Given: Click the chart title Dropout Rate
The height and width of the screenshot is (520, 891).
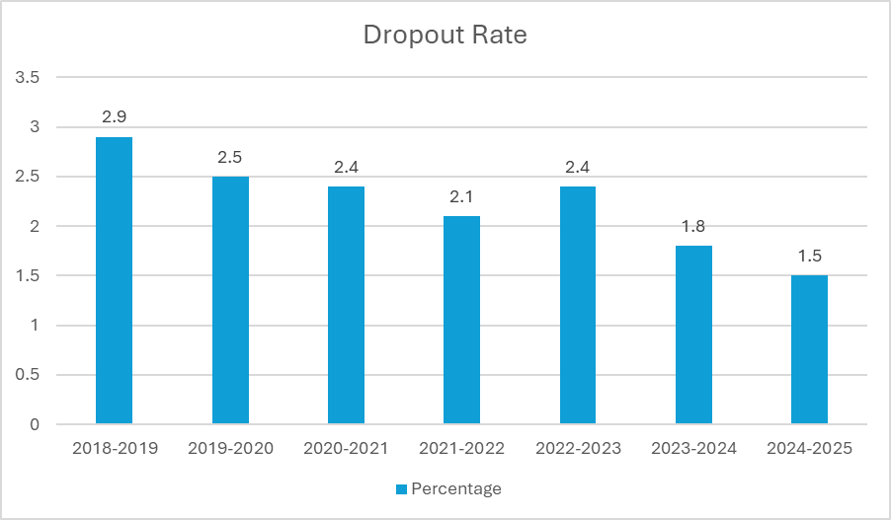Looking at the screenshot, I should click(445, 35).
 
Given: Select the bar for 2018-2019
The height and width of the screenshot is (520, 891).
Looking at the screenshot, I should click(114, 281).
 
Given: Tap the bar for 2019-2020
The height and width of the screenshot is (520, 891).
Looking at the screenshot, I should click(230, 301).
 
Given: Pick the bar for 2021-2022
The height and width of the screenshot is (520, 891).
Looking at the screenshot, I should click(461, 321).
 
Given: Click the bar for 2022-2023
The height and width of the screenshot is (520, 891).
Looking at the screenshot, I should click(578, 306).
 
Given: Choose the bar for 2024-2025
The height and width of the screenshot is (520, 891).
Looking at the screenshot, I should click(809, 350).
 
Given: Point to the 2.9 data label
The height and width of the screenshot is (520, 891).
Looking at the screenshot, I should click(114, 117).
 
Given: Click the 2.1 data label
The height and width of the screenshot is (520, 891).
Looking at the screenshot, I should click(461, 196).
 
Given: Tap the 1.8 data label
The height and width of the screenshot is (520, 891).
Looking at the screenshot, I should click(693, 226).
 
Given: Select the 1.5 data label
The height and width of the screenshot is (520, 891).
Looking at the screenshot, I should click(809, 256).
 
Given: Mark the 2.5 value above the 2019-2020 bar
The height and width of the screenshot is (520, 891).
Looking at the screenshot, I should click(230, 157).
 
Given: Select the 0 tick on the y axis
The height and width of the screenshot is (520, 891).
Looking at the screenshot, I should click(34, 425).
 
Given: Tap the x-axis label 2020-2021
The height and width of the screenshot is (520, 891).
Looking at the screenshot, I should click(346, 448).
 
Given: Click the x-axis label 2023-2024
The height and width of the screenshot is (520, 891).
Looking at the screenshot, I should click(693, 448).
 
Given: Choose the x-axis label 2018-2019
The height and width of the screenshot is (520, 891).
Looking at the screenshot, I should click(114, 448).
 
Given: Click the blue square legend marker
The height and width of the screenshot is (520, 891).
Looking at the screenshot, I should click(400, 489).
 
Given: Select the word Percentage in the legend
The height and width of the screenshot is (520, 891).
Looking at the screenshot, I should click(455, 489).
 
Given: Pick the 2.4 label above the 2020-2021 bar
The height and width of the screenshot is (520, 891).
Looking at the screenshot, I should click(346, 167).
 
